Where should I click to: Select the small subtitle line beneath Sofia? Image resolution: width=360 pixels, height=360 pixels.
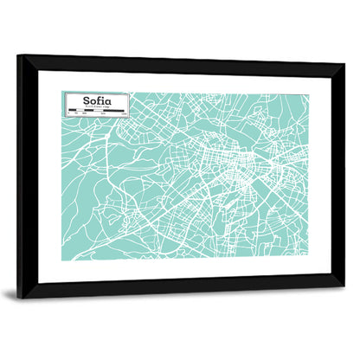[x=96, y=106]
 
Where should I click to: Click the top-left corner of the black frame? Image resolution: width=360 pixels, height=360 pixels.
[x=19, y=57]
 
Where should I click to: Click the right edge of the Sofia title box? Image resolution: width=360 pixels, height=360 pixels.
[x=130, y=104]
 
